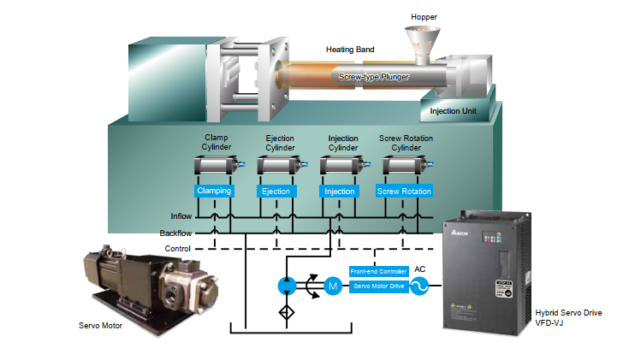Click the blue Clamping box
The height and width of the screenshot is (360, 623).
pyautogui.click(x=213, y=191)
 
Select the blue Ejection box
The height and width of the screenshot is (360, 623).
pyautogui.click(x=276, y=191)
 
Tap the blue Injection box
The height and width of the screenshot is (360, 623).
pyautogui.click(x=339, y=191)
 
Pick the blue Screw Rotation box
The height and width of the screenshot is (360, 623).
pyautogui.click(x=404, y=191)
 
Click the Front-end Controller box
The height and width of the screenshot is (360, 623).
pyautogui.click(x=378, y=271)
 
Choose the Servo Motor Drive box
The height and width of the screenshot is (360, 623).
pyautogui.click(x=378, y=286)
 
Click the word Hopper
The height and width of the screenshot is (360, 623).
pyautogui.click(x=424, y=16)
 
